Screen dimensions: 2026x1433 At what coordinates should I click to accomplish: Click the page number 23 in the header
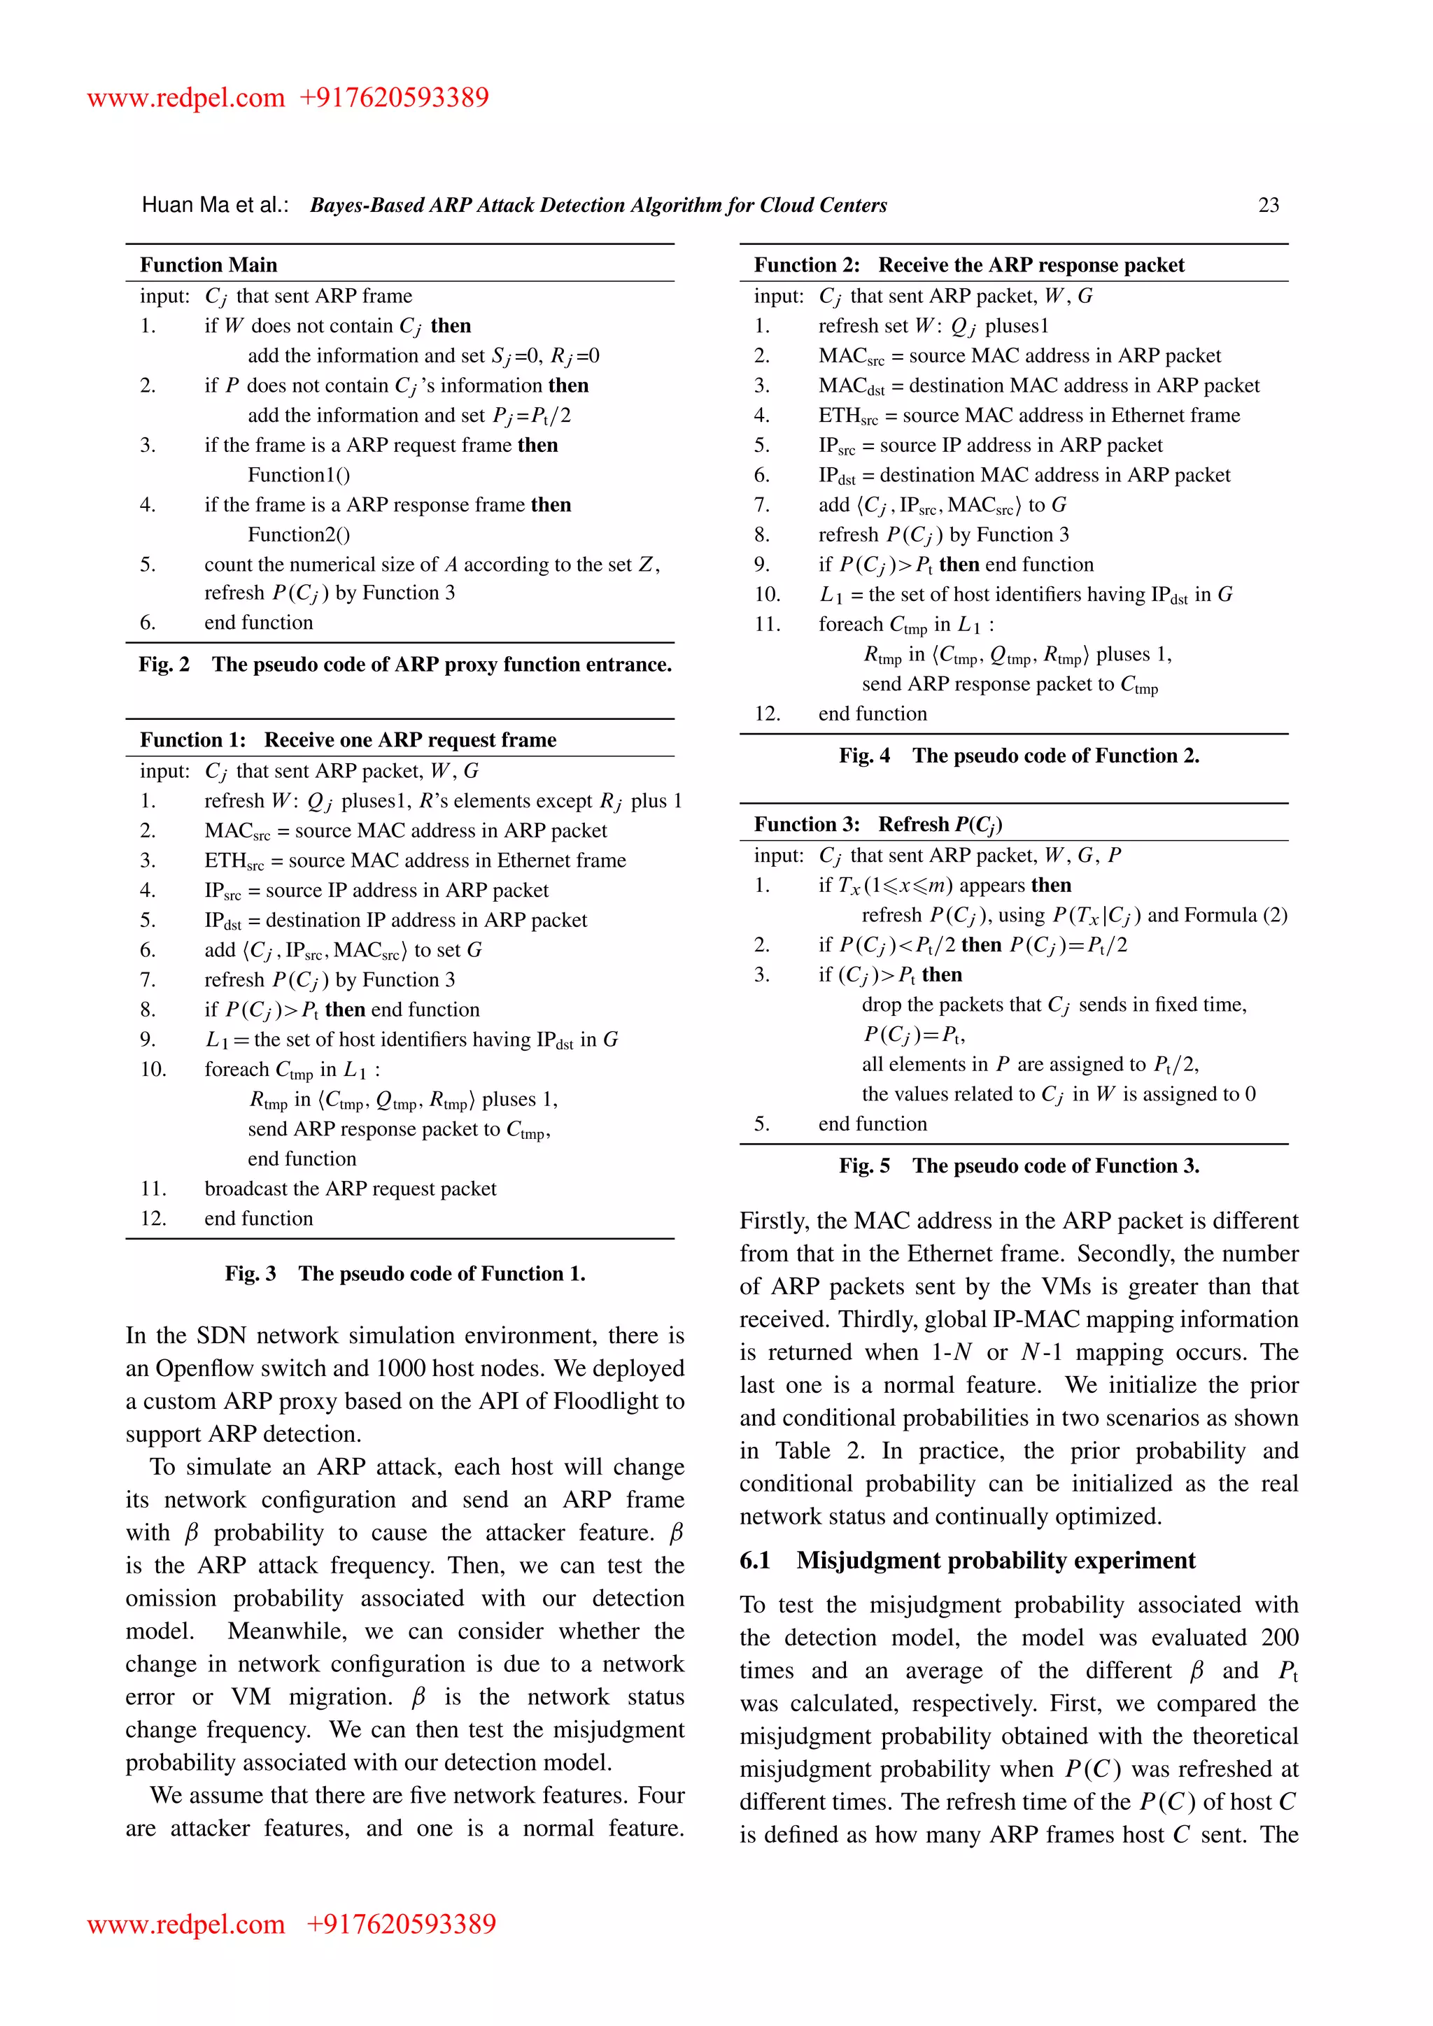[x=1268, y=205]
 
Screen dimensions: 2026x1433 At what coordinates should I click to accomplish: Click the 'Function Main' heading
[x=209, y=264]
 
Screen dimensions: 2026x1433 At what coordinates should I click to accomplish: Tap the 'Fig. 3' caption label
[x=250, y=1273]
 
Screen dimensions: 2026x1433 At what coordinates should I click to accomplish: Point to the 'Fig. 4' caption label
[x=865, y=756]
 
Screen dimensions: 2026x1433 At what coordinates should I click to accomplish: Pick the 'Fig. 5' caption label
[x=865, y=1166]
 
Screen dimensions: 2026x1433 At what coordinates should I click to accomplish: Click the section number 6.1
[x=755, y=1560]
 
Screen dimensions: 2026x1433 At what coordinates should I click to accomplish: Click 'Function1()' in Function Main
[x=298, y=475]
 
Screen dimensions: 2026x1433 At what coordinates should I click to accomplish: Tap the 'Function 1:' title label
[x=193, y=739]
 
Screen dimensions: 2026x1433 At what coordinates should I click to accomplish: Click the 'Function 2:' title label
[x=807, y=264]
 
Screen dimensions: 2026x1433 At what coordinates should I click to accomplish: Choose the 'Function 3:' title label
[x=807, y=824]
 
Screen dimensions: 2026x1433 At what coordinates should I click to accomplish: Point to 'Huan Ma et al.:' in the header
[x=216, y=205]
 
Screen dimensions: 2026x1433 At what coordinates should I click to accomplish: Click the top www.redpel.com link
[x=186, y=97]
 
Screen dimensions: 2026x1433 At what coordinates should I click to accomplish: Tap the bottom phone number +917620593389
[x=402, y=1924]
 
